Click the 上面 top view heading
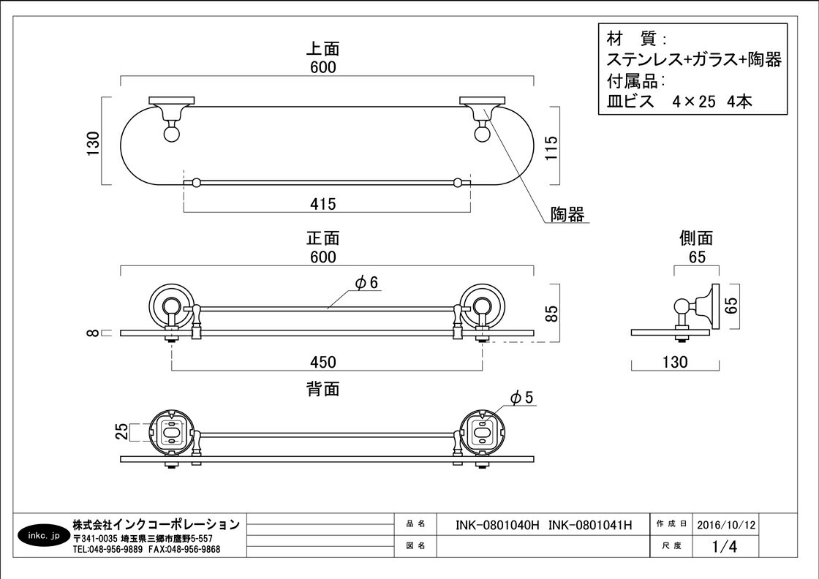tap(322, 50)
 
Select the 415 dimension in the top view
tap(322, 205)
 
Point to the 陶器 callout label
tap(567, 214)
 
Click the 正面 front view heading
tap(322, 238)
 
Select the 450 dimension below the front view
tap(322, 362)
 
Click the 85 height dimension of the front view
tap(552, 314)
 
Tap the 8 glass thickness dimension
tap(92, 333)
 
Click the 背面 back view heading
tap(322, 389)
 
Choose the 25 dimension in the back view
tap(122, 432)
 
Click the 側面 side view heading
tap(695, 238)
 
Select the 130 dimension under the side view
tap(674, 362)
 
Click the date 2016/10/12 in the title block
tap(726, 524)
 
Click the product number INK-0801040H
tap(497, 524)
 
